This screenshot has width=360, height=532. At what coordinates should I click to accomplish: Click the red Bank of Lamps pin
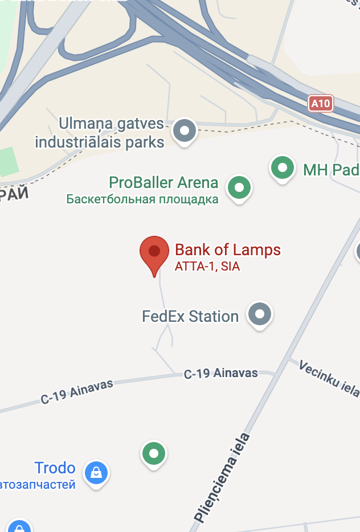(154, 252)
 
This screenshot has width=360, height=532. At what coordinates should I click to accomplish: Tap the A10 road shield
(321, 103)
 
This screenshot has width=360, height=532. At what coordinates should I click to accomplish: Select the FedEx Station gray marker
(260, 313)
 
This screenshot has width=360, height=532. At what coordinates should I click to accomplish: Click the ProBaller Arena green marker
(239, 187)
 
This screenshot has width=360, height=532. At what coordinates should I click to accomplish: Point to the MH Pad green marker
(282, 167)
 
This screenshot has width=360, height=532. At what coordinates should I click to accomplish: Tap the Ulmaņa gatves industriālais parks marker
(184, 130)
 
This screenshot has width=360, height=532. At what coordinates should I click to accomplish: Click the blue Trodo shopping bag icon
(96, 472)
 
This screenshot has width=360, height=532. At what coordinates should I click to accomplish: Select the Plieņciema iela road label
(223, 478)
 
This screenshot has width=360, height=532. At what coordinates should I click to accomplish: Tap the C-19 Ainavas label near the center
(220, 374)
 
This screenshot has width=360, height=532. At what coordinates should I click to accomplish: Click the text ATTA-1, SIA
(207, 266)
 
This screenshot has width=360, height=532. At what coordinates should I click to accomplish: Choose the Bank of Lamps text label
(227, 249)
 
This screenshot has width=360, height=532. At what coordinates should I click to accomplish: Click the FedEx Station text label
(190, 316)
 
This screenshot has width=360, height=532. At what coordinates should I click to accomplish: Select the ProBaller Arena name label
(163, 183)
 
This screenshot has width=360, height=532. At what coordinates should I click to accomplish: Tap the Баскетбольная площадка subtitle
(142, 199)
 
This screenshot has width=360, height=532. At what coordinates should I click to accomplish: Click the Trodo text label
(55, 468)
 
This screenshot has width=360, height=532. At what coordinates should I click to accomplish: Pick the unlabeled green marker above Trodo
(153, 454)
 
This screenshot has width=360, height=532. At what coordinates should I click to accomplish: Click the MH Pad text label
(331, 170)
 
